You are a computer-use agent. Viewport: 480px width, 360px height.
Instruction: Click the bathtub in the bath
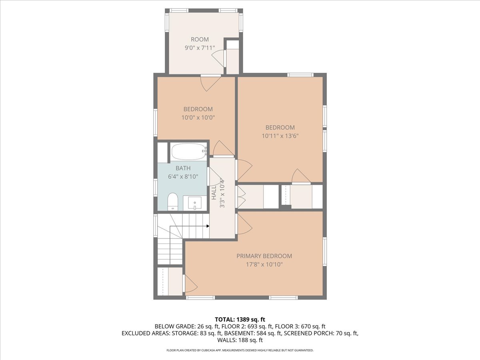click(189, 151)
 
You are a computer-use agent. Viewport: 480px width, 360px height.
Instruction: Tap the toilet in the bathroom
click(173, 202)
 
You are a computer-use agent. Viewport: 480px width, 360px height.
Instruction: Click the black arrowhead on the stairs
click(208, 226)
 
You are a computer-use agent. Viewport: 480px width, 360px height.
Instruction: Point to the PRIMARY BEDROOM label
click(264, 256)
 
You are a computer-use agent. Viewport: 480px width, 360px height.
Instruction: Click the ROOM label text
click(200, 40)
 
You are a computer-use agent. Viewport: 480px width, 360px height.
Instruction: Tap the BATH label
click(183, 168)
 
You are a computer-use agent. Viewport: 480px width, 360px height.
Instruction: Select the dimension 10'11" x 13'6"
click(280, 136)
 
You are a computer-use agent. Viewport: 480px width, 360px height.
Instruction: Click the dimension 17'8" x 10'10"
click(264, 264)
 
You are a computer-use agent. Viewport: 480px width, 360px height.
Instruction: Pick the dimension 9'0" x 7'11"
click(200, 48)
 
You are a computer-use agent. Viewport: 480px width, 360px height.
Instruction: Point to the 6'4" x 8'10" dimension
click(183, 176)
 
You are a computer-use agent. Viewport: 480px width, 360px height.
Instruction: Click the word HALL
click(214, 192)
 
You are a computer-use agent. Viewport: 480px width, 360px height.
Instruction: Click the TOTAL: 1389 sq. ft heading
click(240, 319)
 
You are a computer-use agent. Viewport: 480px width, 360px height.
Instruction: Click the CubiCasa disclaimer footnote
click(240, 350)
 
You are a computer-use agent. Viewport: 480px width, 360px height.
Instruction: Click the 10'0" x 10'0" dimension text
click(198, 118)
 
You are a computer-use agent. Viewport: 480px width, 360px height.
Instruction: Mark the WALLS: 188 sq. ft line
click(240, 340)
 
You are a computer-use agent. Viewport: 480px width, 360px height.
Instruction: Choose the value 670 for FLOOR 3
click(306, 326)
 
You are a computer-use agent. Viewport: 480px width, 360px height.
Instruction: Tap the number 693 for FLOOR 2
click(251, 326)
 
